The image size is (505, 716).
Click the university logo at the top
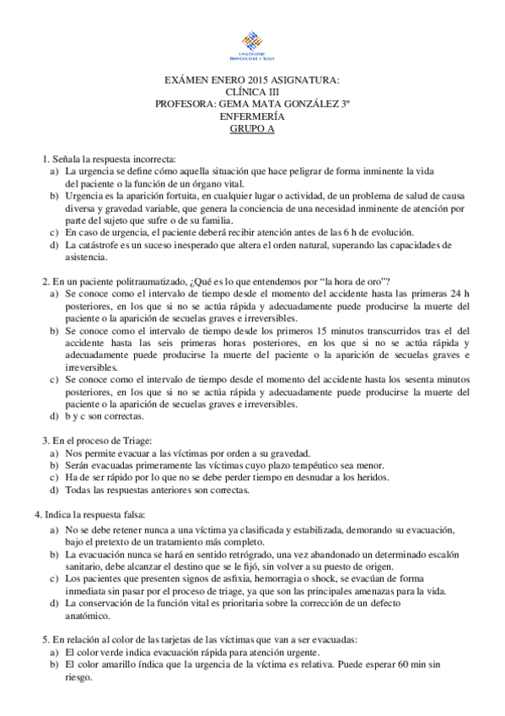(x=252, y=46)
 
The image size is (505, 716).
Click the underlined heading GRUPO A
(x=252, y=129)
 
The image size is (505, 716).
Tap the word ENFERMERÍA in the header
(x=252, y=117)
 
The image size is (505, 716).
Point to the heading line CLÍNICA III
(x=252, y=93)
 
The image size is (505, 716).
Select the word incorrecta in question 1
(x=153, y=159)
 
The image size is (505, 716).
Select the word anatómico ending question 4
(x=86, y=616)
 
